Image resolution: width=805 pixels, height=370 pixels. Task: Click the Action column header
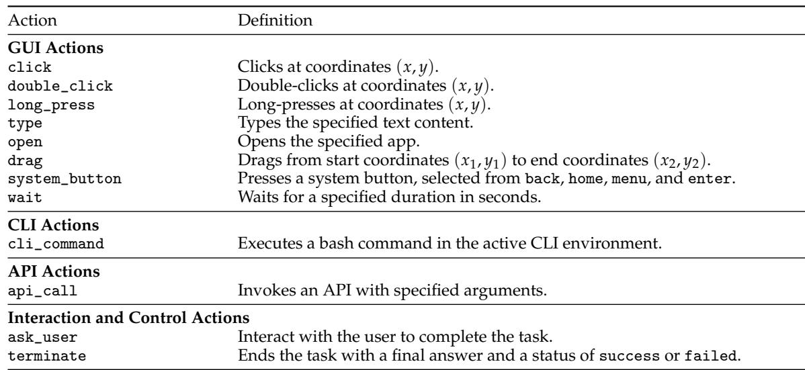[x=33, y=21]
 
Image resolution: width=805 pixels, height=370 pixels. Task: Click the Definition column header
[x=275, y=21]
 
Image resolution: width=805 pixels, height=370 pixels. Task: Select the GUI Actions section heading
[x=56, y=49]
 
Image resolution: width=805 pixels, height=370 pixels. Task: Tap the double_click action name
[x=60, y=86]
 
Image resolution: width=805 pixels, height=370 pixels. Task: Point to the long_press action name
[x=52, y=105]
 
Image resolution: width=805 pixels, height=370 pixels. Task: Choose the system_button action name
[x=65, y=179]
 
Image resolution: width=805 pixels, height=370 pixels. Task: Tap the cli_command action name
[x=56, y=243]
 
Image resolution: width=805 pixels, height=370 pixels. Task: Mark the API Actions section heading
[x=54, y=271]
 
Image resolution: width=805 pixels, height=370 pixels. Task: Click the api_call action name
[x=43, y=291]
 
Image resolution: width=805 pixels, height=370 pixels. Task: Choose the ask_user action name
[x=43, y=337]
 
